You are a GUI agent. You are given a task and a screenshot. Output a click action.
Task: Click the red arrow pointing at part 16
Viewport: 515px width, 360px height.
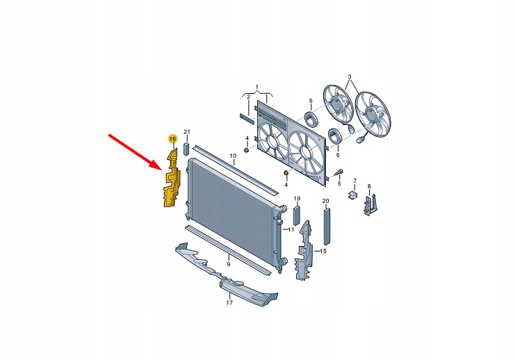click(x=136, y=152)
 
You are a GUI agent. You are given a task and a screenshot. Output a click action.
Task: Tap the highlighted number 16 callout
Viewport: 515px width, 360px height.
click(x=172, y=139)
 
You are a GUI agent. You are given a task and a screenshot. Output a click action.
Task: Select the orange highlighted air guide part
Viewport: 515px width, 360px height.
click(x=172, y=179)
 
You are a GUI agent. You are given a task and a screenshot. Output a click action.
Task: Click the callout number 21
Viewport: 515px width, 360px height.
click(x=187, y=132)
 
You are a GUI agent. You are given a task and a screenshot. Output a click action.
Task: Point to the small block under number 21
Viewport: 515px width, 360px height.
click(x=186, y=149)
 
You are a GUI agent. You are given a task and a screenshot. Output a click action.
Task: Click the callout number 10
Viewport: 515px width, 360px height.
click(x=233, y=156)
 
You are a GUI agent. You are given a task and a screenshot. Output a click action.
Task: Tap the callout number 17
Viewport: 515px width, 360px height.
click(x=229, y=302)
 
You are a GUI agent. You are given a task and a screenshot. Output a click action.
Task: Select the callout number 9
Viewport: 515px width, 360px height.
click(x=228, y=264)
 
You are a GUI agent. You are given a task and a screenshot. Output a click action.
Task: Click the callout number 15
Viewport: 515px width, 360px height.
click(x=323, y=252)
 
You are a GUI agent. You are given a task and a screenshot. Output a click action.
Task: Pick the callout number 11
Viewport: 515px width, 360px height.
click(x=291, y=229)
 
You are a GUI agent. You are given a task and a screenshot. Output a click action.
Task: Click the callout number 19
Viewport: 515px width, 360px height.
click(x=297, y=198)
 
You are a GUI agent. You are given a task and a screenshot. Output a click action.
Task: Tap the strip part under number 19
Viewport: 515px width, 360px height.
click(x=297, y=215)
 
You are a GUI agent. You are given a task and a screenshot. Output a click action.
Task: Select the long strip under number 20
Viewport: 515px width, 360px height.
click(x=327, y=226)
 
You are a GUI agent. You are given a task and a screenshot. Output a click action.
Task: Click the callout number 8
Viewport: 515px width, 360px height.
click(x=369, y=186)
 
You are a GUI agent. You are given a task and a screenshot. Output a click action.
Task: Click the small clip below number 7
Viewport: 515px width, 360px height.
click(x=352, y=195)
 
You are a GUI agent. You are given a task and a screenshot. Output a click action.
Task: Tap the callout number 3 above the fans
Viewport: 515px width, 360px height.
click(x=350, y=76)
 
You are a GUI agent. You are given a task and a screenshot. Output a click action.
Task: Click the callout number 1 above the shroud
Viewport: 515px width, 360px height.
click(x=257, y=87)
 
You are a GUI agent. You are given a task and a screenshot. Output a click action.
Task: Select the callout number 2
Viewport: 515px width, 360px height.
click(x=248, y=97)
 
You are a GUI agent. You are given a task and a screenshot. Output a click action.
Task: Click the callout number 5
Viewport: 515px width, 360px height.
click(x=339, y=183)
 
